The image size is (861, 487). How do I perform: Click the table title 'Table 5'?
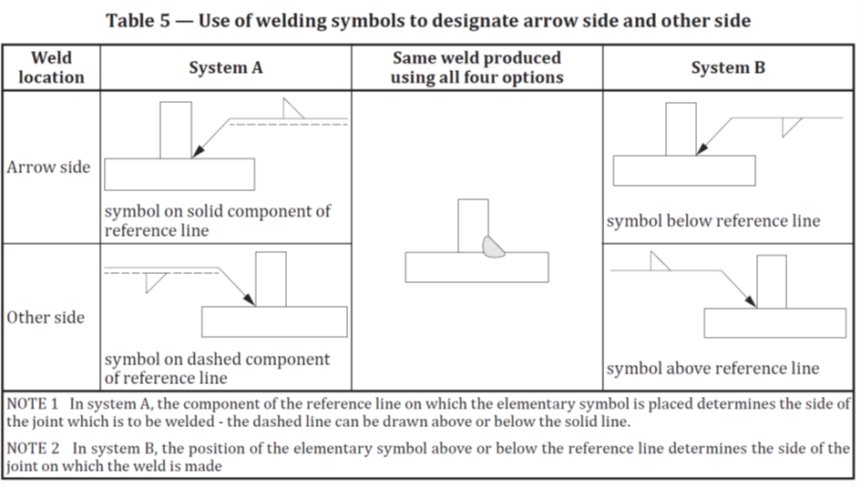point(137,20)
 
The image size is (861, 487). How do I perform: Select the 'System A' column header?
point(225,67)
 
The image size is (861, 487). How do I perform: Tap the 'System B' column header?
point(728,67)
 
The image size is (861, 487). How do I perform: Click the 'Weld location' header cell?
point(51,67)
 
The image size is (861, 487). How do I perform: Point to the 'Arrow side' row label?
point(49,167)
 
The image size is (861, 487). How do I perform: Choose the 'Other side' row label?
point(46,318)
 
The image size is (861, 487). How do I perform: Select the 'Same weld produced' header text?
point(477,58)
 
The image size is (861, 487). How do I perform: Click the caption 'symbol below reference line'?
point(712,221)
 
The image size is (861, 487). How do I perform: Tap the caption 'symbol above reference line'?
point(712,369)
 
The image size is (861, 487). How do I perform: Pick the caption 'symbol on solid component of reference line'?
point(217,220)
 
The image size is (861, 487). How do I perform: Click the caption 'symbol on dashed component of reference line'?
point(217,368)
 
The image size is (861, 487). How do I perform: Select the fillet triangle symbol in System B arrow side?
point(789,126)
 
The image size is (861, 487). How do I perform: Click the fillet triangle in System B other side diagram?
point(657,262)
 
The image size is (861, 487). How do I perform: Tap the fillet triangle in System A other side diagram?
point(153,280)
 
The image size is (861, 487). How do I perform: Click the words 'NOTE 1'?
point(33,403)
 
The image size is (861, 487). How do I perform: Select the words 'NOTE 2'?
point(33,448)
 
